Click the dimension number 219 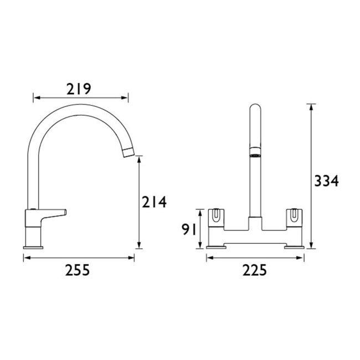79,89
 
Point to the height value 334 327,182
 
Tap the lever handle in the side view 53,212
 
